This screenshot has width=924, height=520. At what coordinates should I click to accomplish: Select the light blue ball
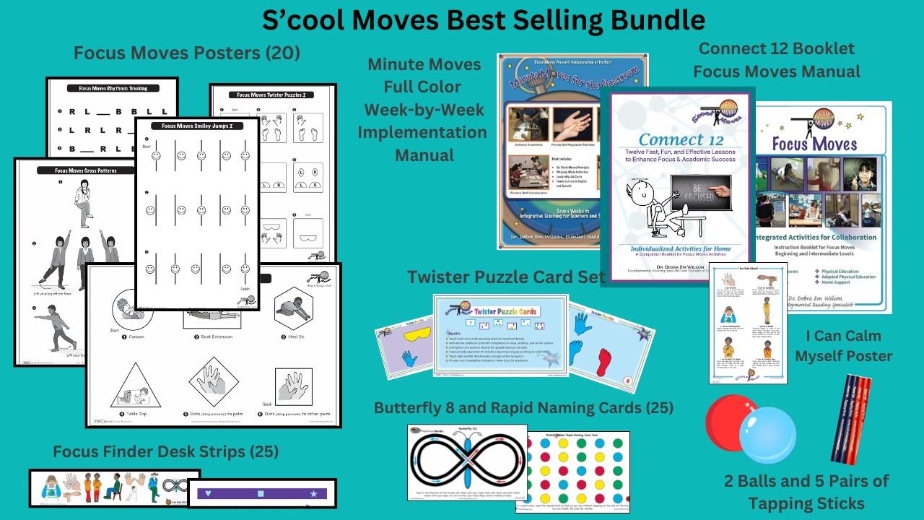pos(767,435)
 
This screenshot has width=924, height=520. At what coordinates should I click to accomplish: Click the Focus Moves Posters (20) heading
pos(186,53)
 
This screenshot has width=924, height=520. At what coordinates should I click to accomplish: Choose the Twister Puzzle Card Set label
pos(505,277)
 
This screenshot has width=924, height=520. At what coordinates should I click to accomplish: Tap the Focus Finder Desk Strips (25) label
pos(165,452)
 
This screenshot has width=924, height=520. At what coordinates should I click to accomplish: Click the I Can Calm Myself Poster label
pos(849,346)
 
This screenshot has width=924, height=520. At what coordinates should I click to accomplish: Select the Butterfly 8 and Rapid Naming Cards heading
pos(523,408)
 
